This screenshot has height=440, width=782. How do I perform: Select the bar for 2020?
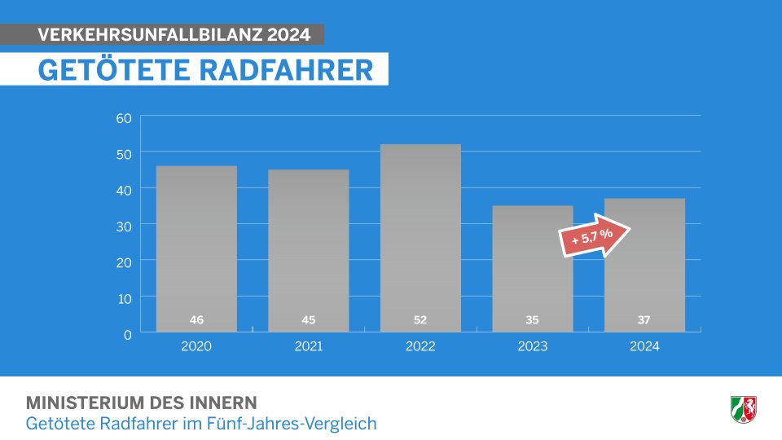point(196,244)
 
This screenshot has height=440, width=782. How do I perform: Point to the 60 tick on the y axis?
point(124,118)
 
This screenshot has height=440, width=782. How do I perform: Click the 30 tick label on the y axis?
point(124,225)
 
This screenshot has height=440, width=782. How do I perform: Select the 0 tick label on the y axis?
point(128,333)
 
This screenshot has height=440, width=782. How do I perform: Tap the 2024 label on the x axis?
point(644,346)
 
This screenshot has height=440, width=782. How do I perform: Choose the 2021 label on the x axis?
point(309,346)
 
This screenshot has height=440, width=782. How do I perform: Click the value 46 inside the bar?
point(196,319)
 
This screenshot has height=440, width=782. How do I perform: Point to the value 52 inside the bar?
point(420,319)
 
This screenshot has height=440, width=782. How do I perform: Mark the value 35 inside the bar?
point(533,319)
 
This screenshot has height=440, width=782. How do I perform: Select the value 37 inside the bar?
point(644,319)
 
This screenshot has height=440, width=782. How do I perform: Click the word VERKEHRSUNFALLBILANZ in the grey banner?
point(151,35)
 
